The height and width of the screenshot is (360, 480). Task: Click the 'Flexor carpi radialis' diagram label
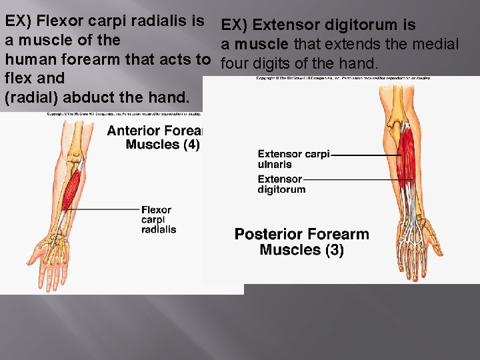(159, 219)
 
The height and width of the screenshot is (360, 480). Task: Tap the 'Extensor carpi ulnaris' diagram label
(293, 159)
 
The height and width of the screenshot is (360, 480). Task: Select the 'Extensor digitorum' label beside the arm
(281, 184)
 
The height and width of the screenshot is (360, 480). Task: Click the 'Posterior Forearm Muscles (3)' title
(301, 242)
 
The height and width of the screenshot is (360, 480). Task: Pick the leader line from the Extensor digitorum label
(353, 179)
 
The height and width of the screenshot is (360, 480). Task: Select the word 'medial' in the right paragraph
(437, 45)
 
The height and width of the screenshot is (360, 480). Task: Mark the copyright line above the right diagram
(343, 78)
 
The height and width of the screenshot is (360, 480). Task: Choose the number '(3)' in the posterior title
(333, 251)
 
